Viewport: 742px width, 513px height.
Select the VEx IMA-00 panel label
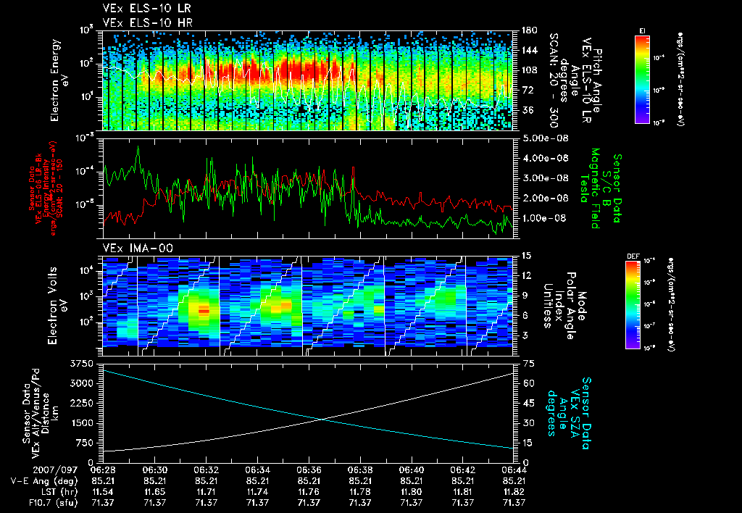133,248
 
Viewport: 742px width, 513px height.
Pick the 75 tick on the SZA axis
521,362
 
